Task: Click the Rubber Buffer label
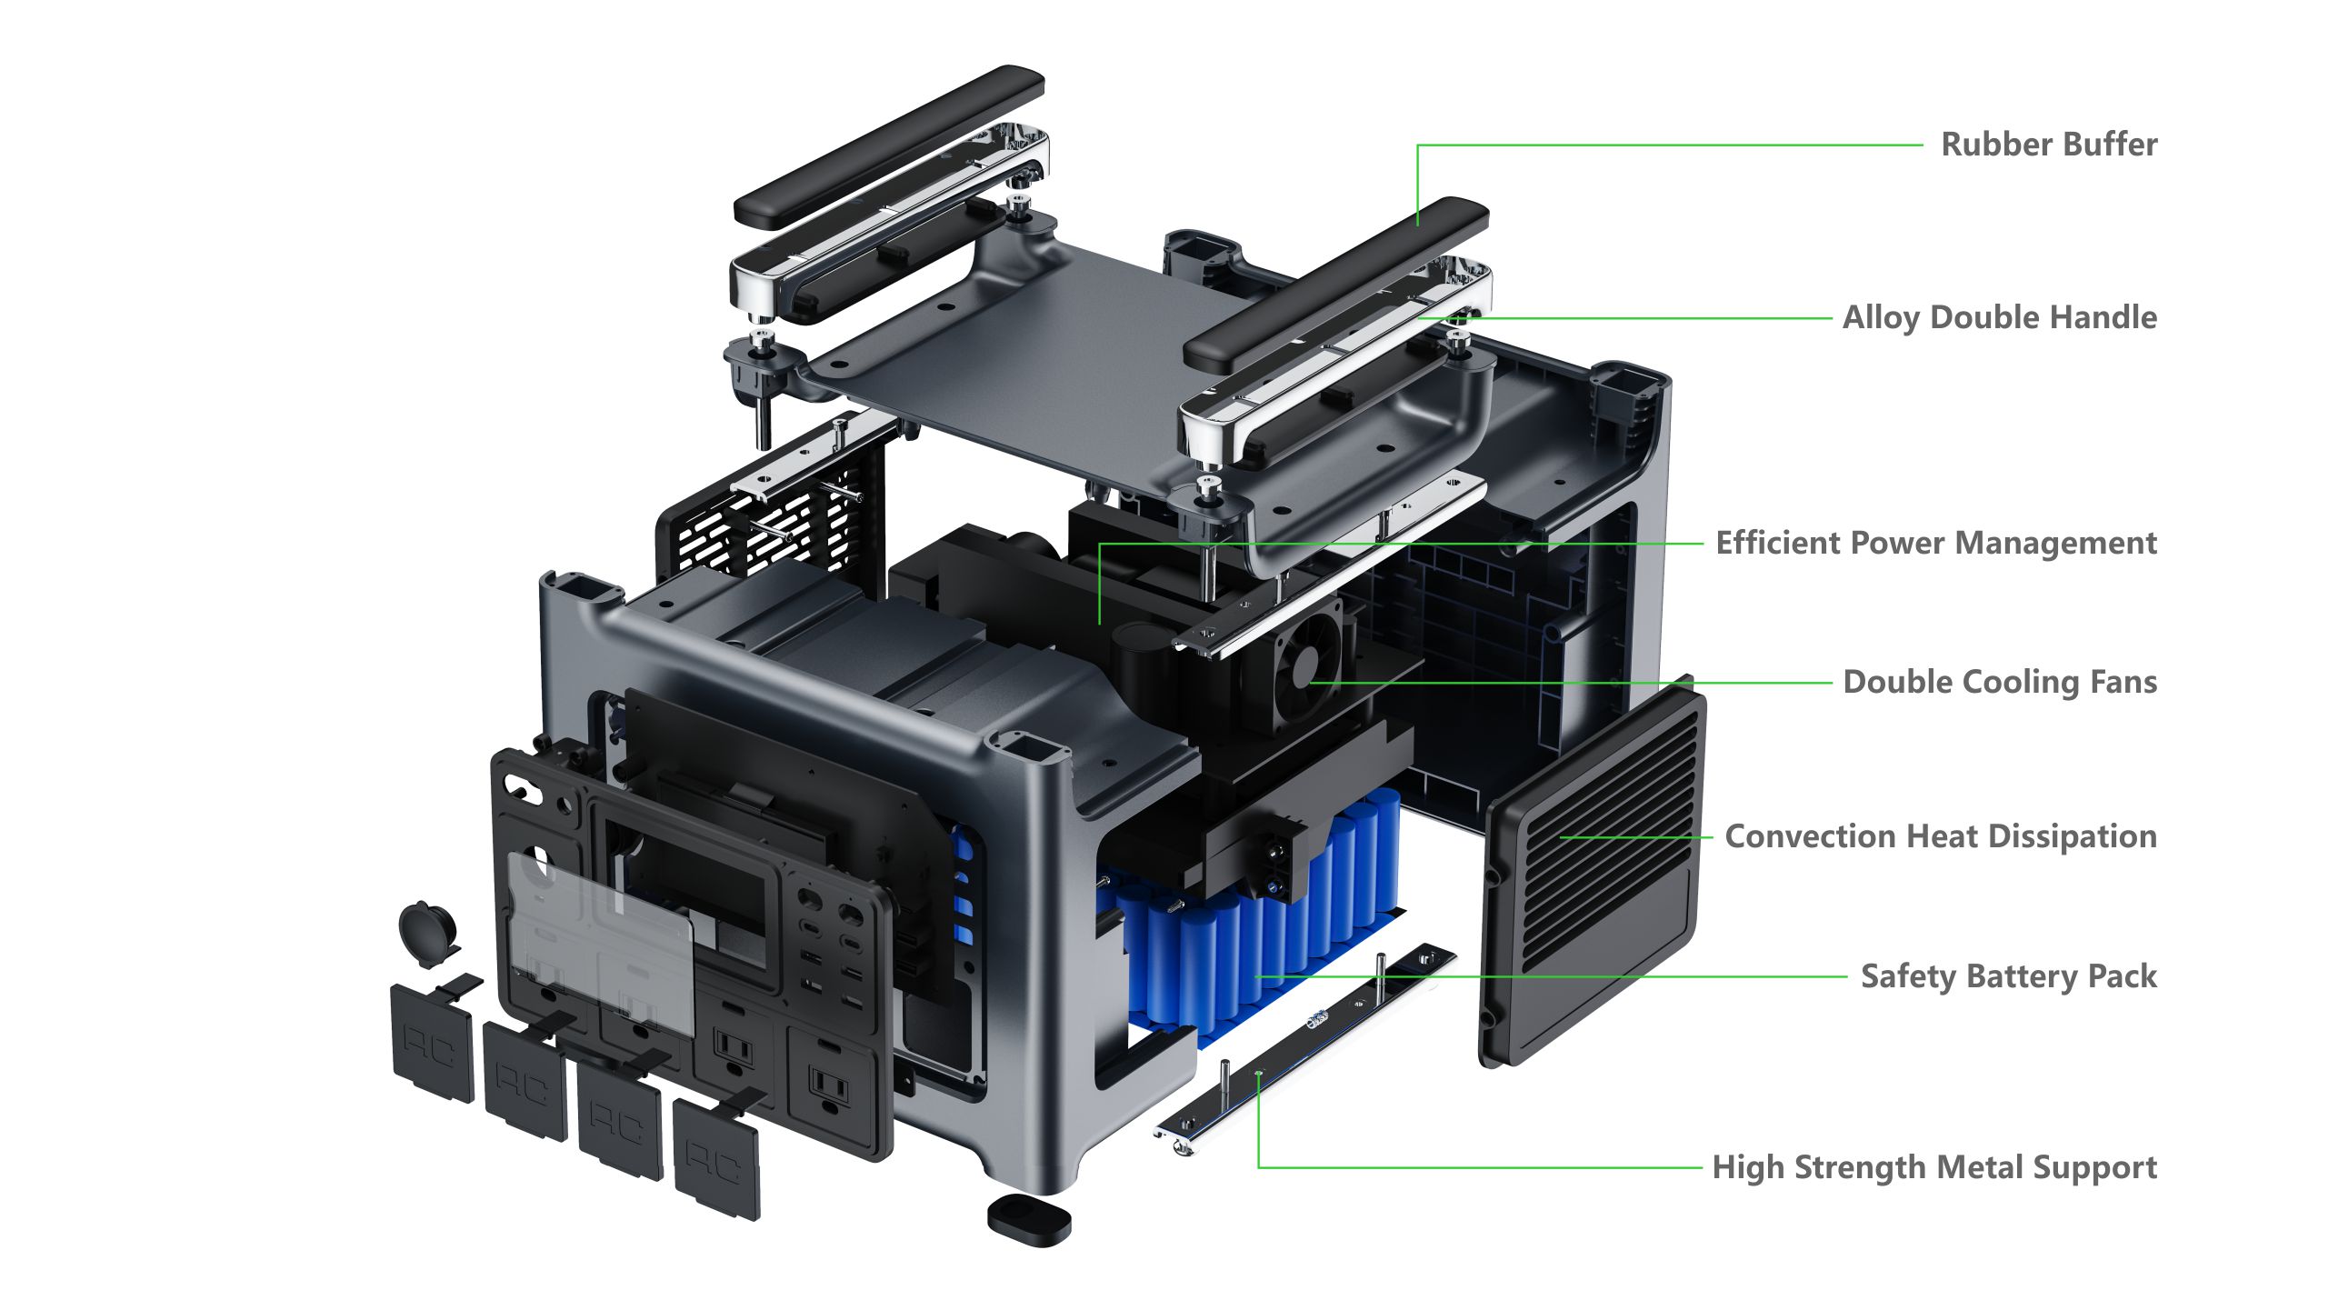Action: pyautogui.click(x=2048, y=145)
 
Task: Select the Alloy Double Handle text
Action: pyautogui.click(x=1999, y=317)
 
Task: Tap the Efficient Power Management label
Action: pyautogui.click(x=1935, y=543)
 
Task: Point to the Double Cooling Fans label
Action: pyautogui.click(x=1999, y=682)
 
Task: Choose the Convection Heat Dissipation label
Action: pyautogui.click(x=1940, y=836)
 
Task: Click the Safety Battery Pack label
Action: pyautogui.click(x=2008, y=976)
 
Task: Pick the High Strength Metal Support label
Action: pyautogui.click(x=1933, y=1167)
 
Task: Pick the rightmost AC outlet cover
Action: pyautogui.click(x=716, y=1160)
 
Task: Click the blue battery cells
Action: pyautogui.click(x=1254, y=936)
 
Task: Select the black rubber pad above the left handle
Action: pyautogui.click(x=889, y=145)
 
